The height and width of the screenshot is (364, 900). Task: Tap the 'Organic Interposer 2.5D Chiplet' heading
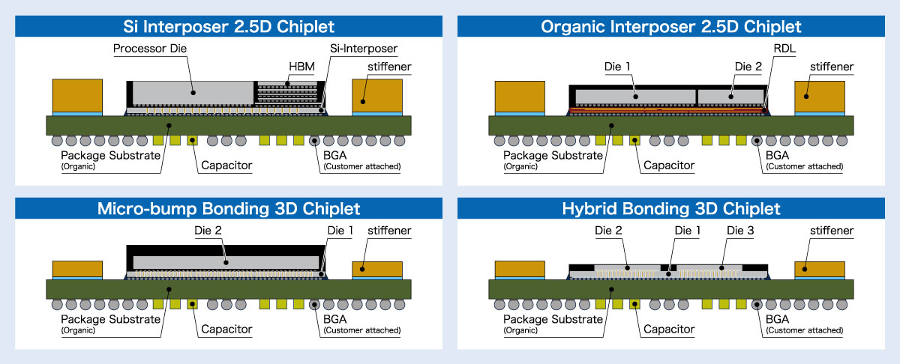[x=671, y=27]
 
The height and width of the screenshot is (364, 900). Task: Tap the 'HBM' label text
[x=301, y=67]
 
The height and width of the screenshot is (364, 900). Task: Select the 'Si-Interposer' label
[x=363, y=49]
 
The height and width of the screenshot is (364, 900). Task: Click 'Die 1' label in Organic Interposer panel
[x=616, y=67]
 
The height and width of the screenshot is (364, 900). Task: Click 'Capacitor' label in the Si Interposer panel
[x=226, y=166]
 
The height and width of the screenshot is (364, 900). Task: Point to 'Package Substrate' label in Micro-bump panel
[x=110, y=319]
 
